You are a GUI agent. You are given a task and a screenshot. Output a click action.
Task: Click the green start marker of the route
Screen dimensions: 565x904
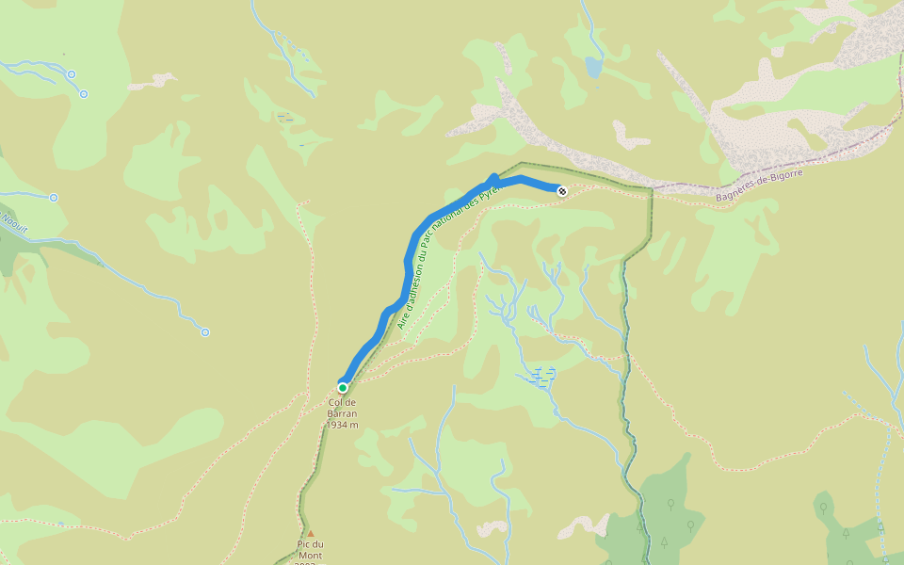pyautogui.click(x=343, y=387)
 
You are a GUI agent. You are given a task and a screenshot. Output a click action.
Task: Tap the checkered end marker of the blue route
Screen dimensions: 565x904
pyautogui.click(x=562, y=191)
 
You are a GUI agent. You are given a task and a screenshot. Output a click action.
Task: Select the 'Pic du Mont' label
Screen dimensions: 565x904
pyautogui.click(x=310, y=549)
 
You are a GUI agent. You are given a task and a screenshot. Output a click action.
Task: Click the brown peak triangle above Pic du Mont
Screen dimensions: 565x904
pyautogui.click(x=310, y=533)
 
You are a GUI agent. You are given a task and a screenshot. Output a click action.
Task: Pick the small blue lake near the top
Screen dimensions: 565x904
pyautogui.click(x=593, y=67)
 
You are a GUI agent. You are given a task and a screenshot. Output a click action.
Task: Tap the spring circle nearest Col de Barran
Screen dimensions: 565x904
pyautogui.click(x=204, y=331)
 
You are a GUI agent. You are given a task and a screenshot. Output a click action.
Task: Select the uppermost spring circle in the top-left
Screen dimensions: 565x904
pyautogui.click(x=71, y=73)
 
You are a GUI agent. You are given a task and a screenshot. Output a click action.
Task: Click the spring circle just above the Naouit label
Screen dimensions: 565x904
pyautogui.click(x=54, y=198)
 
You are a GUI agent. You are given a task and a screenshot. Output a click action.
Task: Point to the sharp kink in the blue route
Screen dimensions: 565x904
pyautogui.click(x=494, y=177)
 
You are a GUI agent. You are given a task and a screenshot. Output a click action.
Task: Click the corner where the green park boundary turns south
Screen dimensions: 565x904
pyautogui.click(x=650, y=189)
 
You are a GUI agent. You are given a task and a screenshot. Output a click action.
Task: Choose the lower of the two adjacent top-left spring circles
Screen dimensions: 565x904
pyautogui.click(x=84, y=93)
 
